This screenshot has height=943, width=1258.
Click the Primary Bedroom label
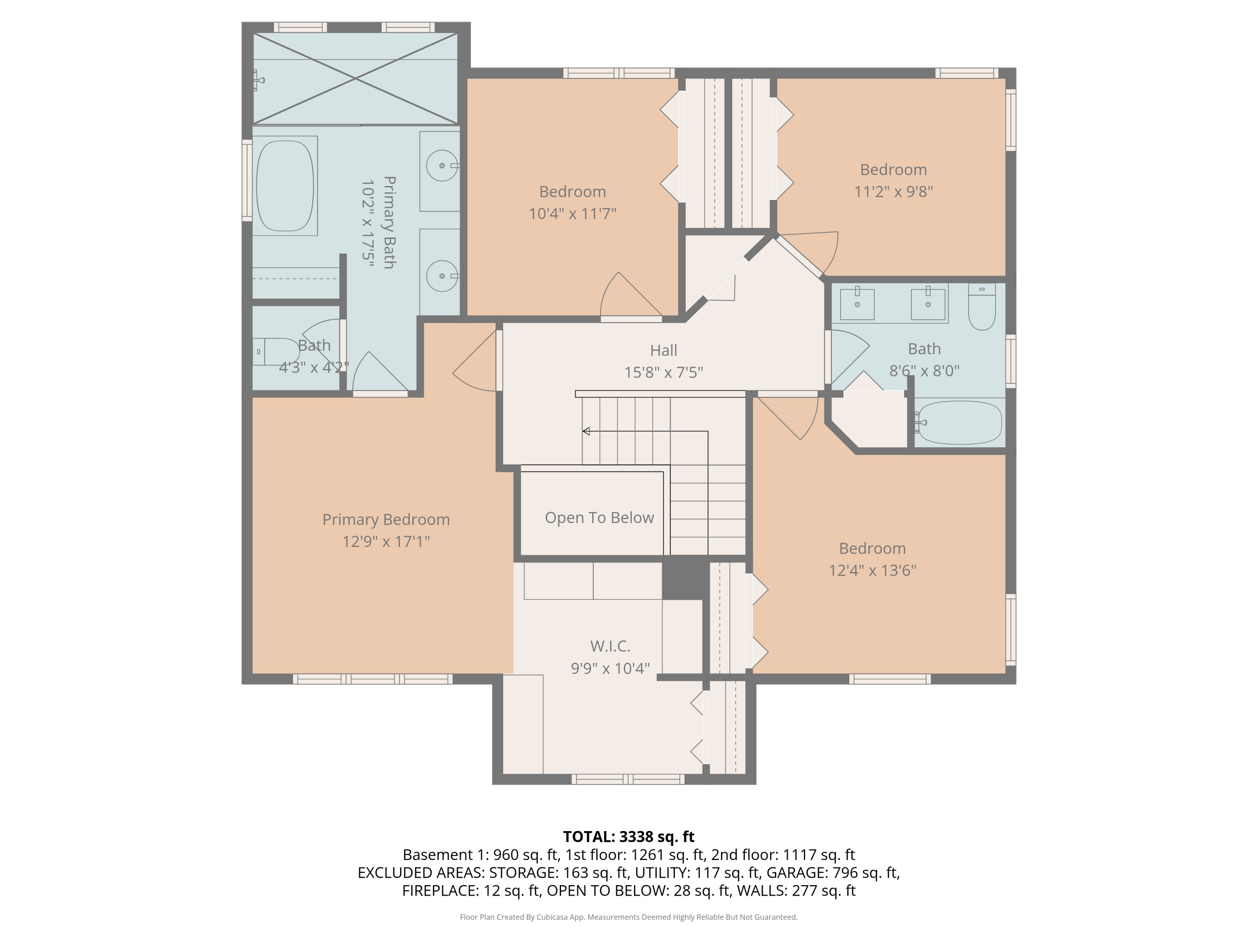coord(386,520)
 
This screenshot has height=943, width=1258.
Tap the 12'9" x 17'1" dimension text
coord(386,541)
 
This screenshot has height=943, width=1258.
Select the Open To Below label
coord(599,518)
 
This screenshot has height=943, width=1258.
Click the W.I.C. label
coord(610,646)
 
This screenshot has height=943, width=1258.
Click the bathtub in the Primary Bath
coord(284,186)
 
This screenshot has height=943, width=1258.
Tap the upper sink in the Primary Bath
coord(442,166)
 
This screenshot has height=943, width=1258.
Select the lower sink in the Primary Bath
coord(442,276)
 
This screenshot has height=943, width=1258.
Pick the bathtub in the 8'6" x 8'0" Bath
coord(960,422)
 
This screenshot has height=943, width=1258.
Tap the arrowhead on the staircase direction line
coord(586,431)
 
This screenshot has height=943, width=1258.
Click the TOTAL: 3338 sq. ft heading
coord(629,837)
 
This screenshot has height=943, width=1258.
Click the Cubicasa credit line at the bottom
coord(629,917)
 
